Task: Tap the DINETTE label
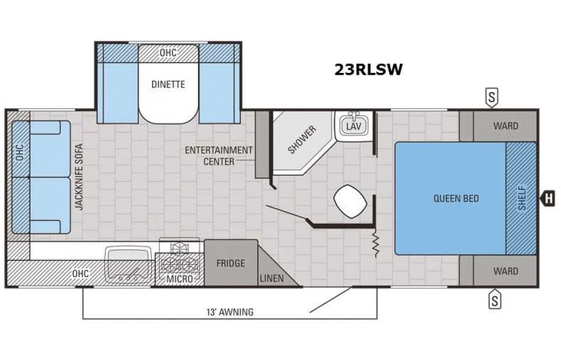pyautogui.click(x=167, y=85)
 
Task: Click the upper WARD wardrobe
pyautogui.click(x=505, y=126)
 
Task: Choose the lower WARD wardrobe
pyautogui.click(x=505, y=271)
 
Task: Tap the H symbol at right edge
pyautogui.click(x=548, y=198)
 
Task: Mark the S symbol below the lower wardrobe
pyautogui.click(x=495, y=299)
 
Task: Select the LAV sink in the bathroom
pyautogui.click(x=353, y=126)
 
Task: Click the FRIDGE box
pyautogui.click(x=230, y=263)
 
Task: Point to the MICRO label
pyautogui.click(x=179, y=278)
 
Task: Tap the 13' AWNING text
pyautogui.click(x=229, y=312)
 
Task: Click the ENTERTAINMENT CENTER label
pyautogui.click(x=219, y=155)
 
